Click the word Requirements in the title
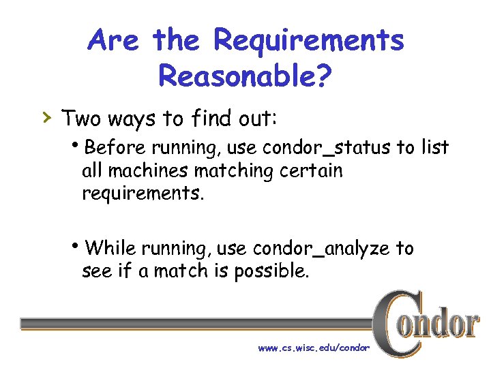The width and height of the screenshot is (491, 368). tap(309, 42)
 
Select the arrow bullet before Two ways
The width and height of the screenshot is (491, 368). tap(46, 117)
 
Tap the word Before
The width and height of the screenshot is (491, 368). tap(117, 147)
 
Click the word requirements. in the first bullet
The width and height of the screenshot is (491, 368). tap(143, 194)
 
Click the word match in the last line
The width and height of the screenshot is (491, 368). tap(179, 271)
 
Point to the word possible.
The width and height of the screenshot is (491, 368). tap(272, 272)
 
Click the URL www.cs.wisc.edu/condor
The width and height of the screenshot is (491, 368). tap(313, 348)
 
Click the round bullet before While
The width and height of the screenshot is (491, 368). tap(82, 246)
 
